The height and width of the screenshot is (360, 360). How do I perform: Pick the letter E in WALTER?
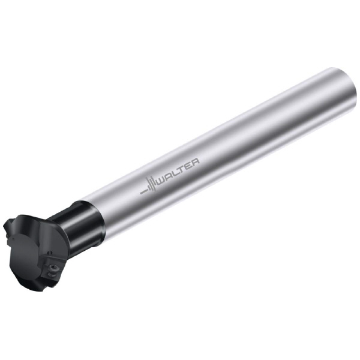190,163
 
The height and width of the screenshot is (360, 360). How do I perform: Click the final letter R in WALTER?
196,161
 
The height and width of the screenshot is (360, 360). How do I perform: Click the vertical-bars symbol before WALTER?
152,184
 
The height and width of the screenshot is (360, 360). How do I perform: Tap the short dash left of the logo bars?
143,191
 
